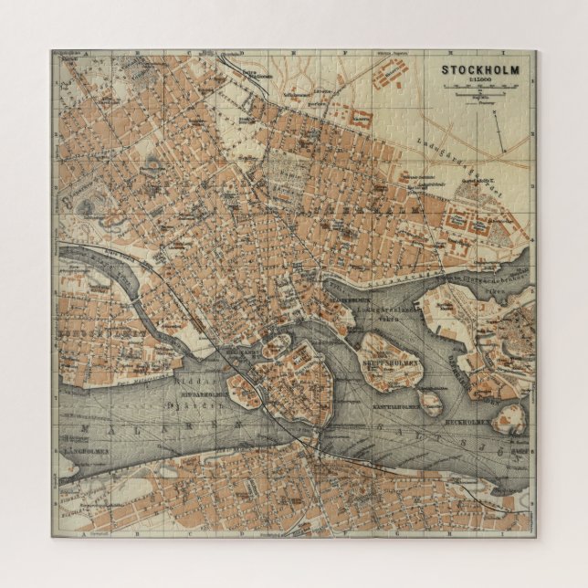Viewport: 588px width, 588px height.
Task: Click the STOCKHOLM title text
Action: pyautogui.click(x=480, y=69)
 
